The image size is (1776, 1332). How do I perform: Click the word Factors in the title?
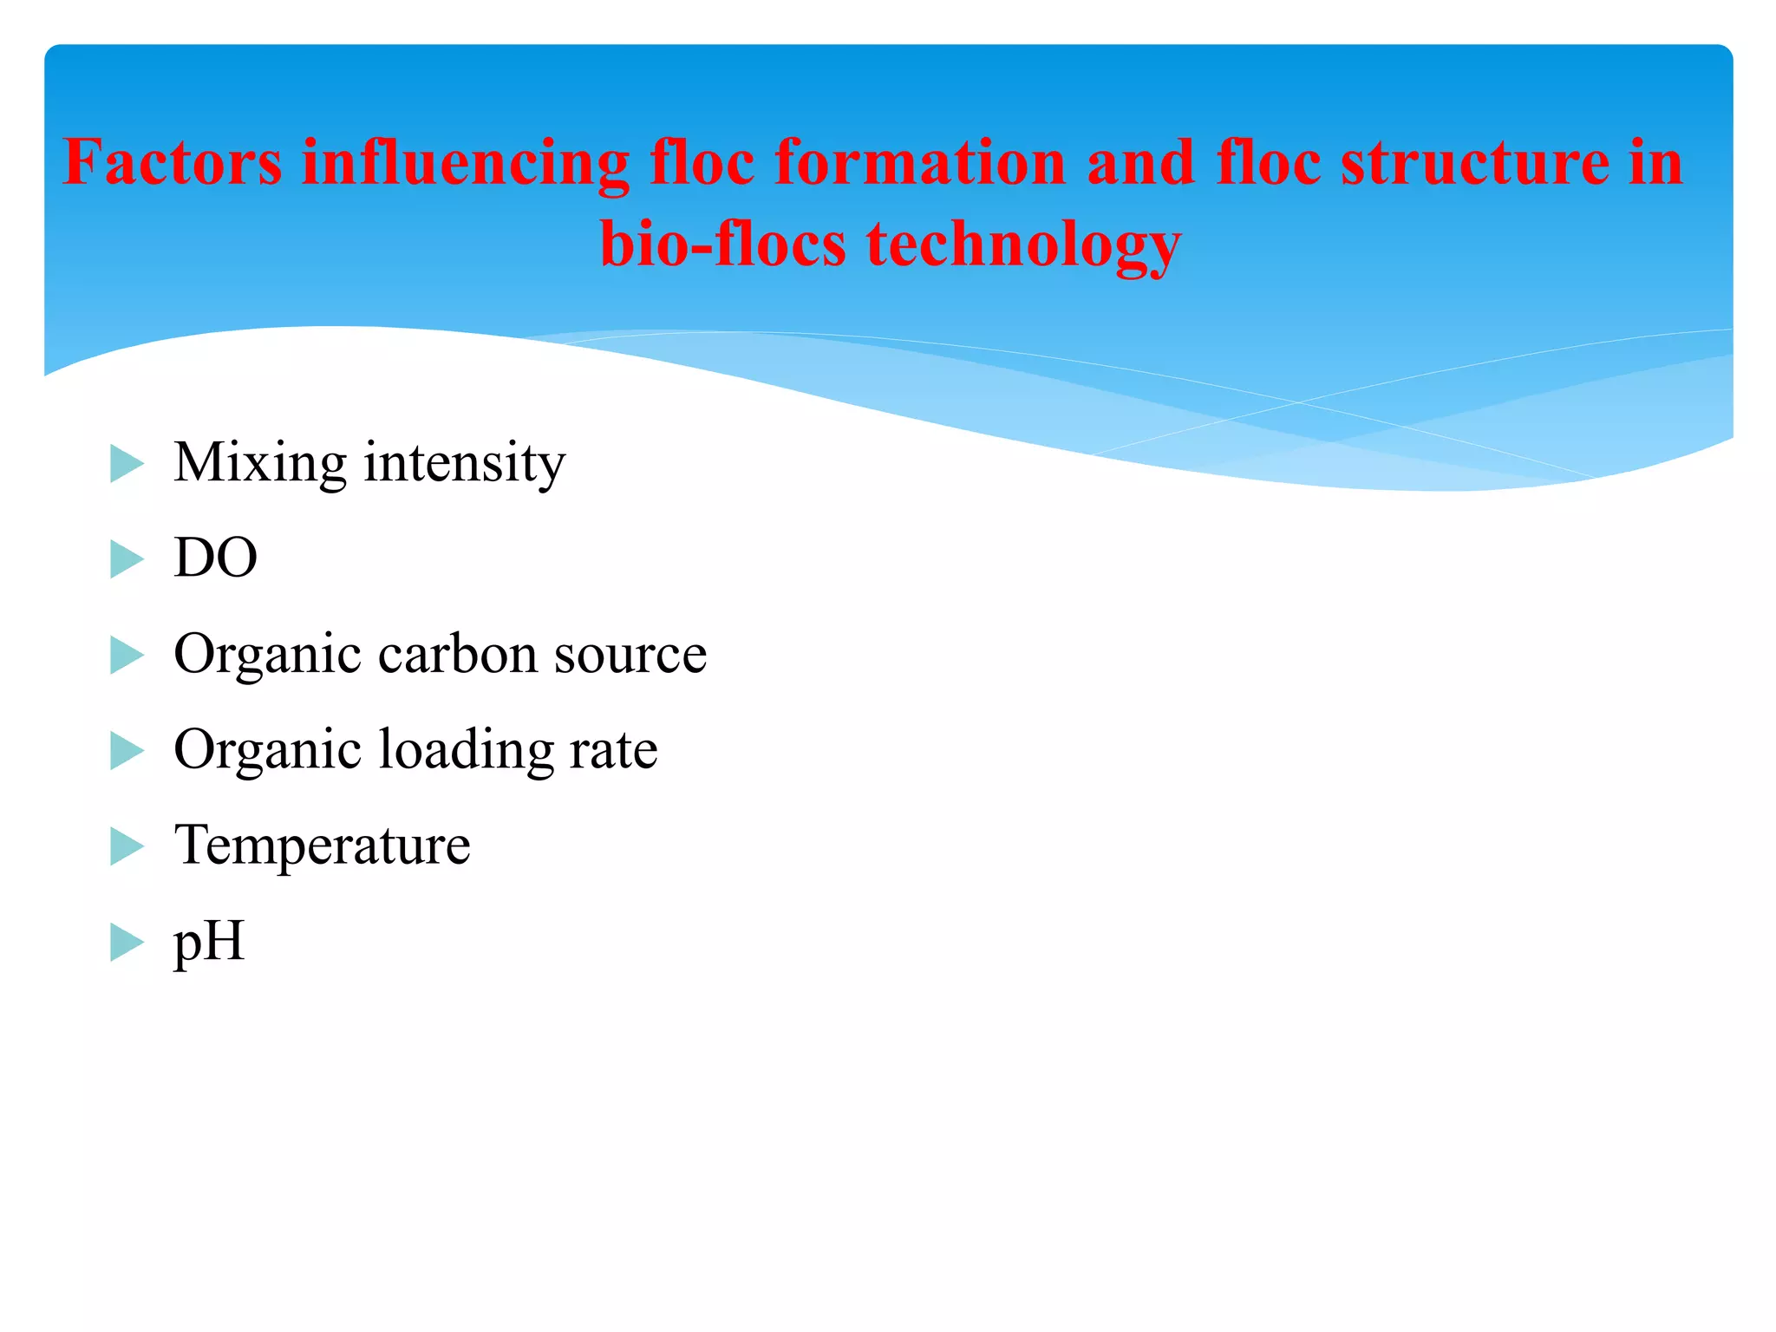coord(173,162)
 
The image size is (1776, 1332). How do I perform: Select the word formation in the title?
coord(920,162)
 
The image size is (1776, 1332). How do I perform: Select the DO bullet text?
coord(216,558)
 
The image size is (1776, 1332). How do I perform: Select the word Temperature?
coord(323,846)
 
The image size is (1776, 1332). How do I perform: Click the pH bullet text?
coord(209,943)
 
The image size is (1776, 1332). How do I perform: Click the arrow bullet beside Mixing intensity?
coord(127,464)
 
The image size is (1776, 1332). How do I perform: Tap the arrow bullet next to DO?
coord(127,559)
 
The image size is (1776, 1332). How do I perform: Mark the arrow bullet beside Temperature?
coord(127,846)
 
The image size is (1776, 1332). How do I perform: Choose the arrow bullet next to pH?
coord(127,943)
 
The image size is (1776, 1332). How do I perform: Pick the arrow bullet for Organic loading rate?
coord(127,751)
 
